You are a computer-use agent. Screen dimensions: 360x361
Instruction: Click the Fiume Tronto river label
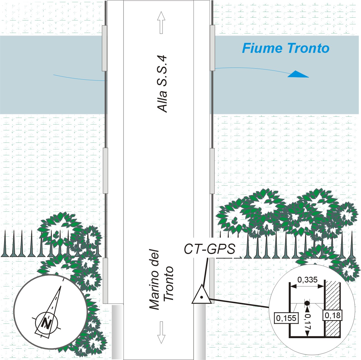(286, 48)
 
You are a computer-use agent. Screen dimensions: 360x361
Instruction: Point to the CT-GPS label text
(210, 249)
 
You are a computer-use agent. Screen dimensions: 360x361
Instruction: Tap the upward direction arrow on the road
(161, 23)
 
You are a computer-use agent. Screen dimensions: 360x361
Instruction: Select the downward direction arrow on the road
(161, 332)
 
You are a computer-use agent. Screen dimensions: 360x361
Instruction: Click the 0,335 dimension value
(307, 280)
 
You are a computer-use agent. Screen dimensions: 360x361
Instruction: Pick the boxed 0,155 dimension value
(286, 318)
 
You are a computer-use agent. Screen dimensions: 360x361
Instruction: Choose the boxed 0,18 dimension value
(332, 315)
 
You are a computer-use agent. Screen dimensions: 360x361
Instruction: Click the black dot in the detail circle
(307, 303)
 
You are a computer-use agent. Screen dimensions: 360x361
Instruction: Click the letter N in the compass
(46, 323)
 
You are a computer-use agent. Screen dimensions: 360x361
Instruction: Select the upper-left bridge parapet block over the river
(104, 48)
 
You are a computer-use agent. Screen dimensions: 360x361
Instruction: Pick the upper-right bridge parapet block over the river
(212, 48)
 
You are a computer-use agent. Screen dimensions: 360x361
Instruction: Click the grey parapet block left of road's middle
(105, 170)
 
